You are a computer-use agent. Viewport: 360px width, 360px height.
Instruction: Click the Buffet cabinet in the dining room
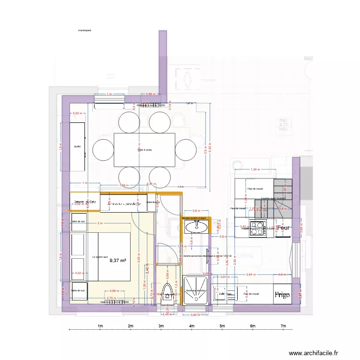point(78,146)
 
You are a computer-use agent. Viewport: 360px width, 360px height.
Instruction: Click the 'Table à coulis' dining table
point(144,150)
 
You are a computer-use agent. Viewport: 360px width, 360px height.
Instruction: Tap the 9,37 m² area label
point(118,261)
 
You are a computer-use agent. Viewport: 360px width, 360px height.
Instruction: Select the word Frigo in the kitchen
point(283,294)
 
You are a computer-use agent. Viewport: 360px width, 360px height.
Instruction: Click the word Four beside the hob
point(285,229)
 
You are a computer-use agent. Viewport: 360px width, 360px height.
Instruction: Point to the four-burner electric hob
point(258,229)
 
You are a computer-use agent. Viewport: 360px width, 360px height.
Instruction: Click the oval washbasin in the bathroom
point(195,228)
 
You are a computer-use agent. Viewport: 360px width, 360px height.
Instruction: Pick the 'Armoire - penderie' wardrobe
point(124,204)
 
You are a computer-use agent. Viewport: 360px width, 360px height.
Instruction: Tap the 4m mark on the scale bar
point(192,326)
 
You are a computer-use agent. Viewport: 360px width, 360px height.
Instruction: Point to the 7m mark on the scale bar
point(283,326)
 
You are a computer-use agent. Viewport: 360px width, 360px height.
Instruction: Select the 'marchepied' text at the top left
point(84,30)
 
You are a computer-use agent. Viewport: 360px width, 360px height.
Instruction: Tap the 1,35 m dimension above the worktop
point(255,169)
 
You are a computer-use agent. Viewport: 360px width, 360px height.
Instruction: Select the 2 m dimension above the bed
point(99,224)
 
